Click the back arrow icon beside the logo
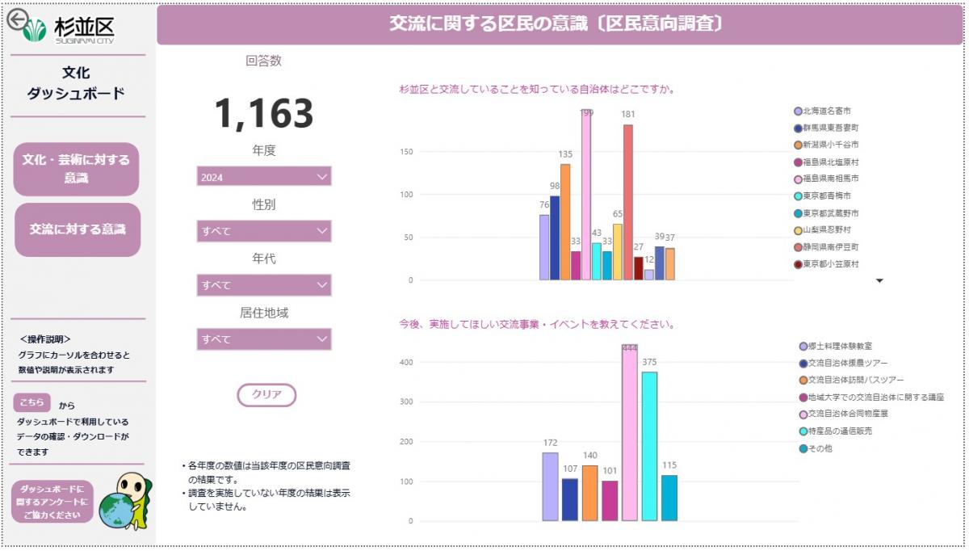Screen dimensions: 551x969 point(17,19)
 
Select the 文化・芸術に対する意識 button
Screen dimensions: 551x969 point(77,169)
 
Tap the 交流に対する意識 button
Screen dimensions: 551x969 point(78,229)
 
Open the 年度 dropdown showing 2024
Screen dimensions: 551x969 point(264,177)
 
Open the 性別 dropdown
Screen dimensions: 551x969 point(264,231)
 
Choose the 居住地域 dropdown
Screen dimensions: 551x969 point(264,339)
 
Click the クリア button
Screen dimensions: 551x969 point(266,395)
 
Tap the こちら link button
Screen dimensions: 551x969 point(32,402)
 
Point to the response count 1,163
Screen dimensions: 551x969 point(264,114)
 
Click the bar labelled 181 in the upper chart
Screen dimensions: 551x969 point(628,202)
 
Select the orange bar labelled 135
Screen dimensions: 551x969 point(565,222)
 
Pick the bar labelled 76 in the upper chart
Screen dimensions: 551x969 point(544,247)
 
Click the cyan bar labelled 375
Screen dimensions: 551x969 point(649,446)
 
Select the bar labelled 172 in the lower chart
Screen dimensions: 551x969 point(550,486)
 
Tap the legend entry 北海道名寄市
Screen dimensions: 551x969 point(827,111)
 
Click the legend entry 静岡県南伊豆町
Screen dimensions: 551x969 point(831,246)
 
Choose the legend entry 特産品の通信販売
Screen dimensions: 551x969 point(835,431)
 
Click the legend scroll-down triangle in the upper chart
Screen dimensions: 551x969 point(880,281)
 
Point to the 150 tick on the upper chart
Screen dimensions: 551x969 point(406,152)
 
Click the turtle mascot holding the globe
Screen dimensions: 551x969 point(128,501)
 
